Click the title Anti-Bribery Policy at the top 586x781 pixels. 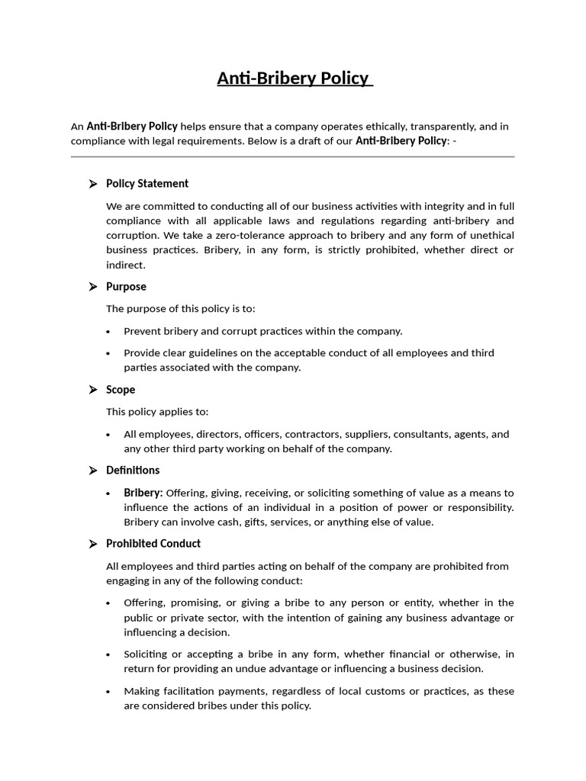pos(294,79)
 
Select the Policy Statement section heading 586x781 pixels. pos(147,184)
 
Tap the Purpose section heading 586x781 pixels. pos(126,287)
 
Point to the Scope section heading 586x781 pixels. pos(121,390)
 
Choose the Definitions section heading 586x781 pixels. pos(133,470)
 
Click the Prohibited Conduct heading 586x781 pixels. pos(153,544)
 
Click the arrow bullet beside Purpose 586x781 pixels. pos(92,287)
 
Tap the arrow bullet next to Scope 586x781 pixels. pos(92,390)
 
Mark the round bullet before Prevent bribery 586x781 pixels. pos(108,332)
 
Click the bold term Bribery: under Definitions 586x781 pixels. pos(143,493)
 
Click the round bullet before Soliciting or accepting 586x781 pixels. pos(108,654)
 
